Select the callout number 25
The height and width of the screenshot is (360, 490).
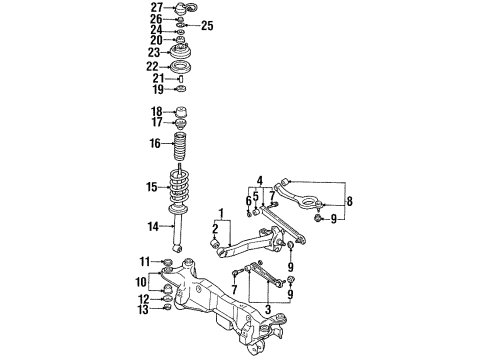208,25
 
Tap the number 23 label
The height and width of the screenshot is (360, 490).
155,53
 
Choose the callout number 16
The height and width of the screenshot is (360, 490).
155,144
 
